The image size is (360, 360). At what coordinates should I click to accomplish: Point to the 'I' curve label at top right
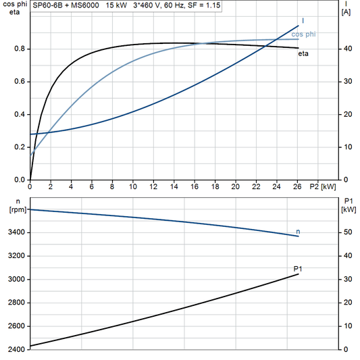pos(302,21)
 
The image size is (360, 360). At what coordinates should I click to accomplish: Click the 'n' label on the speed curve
pos(299,232)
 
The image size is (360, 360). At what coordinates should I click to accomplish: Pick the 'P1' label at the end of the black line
pos(298,269)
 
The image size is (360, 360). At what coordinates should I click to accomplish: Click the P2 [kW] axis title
pos(323,186)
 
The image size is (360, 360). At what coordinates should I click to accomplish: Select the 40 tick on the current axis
pos(346,49)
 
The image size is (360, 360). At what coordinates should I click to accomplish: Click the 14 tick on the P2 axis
pos(174,186)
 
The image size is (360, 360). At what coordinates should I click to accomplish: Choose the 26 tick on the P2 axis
pos(297,186)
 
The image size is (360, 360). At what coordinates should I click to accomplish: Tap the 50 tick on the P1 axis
pos(346,232)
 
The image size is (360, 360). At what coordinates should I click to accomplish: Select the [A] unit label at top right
pos(346,11)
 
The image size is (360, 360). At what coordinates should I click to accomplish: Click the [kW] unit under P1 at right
pos(348,210)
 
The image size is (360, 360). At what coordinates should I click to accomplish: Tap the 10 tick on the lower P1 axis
pos(346,326)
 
